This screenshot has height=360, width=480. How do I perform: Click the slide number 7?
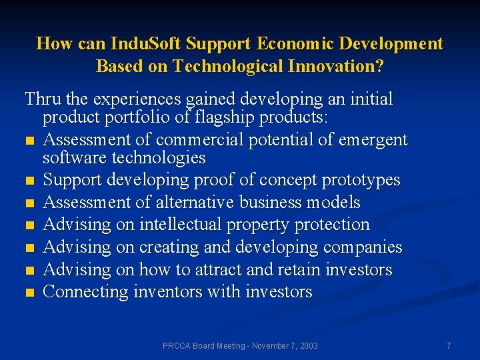click(x=449, y=346)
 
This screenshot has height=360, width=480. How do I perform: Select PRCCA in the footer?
click(x=177, y=346)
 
